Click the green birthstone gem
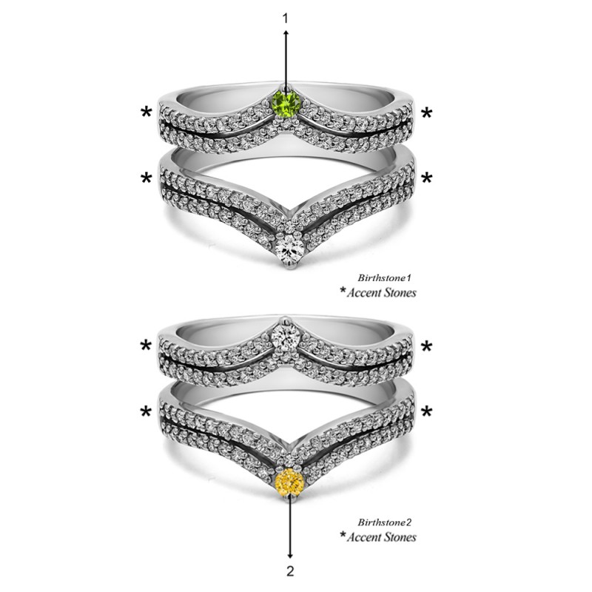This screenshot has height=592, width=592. [x=286, y=102]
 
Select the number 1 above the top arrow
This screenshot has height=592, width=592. [x=286, y=18]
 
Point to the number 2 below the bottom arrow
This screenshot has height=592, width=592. [x=290, y=571]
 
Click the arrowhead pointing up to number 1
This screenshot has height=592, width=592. [x=286, y=33]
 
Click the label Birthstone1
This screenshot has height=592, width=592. [x=384, y=278]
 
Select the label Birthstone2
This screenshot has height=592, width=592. [x=384, y=522]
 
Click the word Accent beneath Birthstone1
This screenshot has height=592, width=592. [x=363, y=292]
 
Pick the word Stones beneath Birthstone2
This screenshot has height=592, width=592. [x=400, y=537]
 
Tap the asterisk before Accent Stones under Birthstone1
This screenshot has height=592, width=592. [x=343, y=291]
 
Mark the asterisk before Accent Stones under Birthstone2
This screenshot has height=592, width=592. [x=343, y=535]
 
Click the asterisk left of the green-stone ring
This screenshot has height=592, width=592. [x=146, y=112]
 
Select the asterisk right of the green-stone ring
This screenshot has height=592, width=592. [x=427, y=112]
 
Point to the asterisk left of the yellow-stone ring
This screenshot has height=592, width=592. [x=146, y=411]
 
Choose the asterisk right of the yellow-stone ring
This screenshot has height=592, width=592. [x=427, y=411]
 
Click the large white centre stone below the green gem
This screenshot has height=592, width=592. [x=289, y=249]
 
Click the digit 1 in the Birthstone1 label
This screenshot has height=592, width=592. [x=408, y=278]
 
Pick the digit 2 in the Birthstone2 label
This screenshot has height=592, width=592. [x=408, y=522]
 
